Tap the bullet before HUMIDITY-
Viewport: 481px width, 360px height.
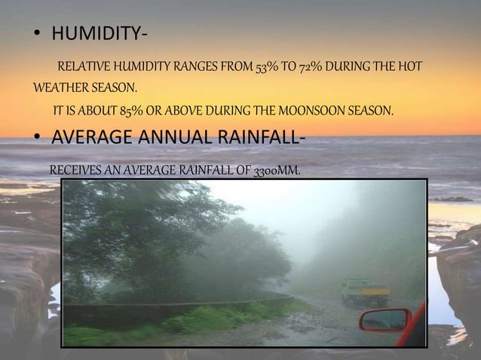36,36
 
